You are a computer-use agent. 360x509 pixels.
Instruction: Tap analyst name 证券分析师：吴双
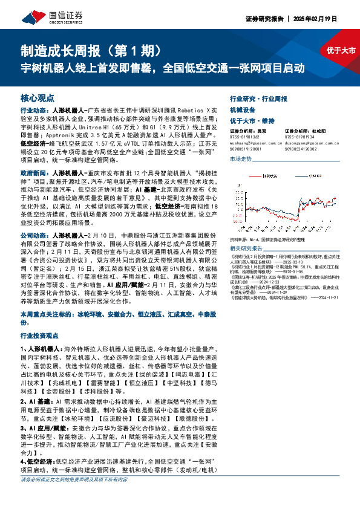249,131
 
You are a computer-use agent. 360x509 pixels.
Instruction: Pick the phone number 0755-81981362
247,137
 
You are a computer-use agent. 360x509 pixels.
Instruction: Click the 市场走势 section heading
241,158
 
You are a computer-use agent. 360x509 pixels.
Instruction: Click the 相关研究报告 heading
245,248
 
